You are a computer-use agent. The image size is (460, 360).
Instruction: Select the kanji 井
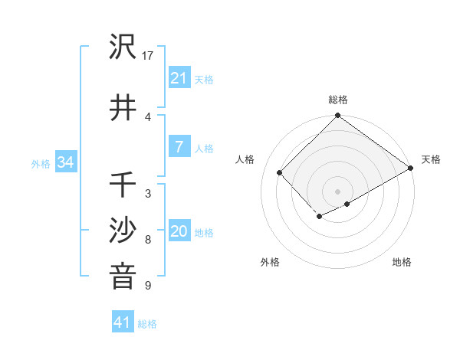click(x=123, y=107)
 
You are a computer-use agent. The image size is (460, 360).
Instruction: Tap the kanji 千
click(x=123, y=185)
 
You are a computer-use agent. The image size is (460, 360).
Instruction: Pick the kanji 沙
click(x=123, y=231)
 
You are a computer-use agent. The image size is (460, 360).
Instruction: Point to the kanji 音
click(x=123, y=277)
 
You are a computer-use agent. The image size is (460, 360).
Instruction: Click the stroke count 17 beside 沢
click(x=148, y=56)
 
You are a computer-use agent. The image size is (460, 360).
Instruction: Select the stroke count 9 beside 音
click(x=148, y=286)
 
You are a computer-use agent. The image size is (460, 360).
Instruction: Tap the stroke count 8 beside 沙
click(x=148, y=240)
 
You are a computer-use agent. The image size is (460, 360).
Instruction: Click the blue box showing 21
click(x=179, y=77)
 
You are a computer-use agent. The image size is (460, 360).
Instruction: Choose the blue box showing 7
click(x=179, y=147)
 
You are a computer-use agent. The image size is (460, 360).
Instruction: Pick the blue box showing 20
click(x=179, y=231)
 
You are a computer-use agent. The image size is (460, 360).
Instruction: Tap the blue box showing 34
click(x=65, y=162)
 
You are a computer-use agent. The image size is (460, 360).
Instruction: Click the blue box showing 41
click(x=123, y=322)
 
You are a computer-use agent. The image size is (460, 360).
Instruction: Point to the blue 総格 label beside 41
click(x=147, y=324)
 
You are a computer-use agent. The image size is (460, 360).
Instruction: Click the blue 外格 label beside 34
click(x=41, y=163)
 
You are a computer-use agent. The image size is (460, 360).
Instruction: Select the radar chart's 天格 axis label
click(x=431, y=159)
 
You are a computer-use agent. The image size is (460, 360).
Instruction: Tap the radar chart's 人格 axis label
click(x=245, y=159)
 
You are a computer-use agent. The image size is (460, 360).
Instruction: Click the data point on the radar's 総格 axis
click(x=337, y=116)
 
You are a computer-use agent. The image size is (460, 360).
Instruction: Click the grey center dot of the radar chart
click(x=337, y=191)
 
